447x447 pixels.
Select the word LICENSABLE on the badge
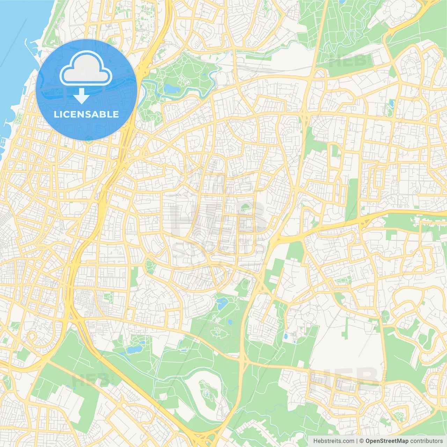[x=86, y=114]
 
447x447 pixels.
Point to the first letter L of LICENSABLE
[x=56, y=114]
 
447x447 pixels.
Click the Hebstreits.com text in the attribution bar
[x=334, y=441]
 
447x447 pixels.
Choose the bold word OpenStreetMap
[x=387, y=441]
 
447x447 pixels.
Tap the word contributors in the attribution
[x=426, y=441]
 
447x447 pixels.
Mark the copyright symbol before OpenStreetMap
[x=362, y=441]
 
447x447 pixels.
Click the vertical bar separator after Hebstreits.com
[x=357, y=441]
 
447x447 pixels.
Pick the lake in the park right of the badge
[x=170, y=87]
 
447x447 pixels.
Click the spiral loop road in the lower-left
[x=32, y=337]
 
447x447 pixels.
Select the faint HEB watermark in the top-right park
[x=346, y=61]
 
